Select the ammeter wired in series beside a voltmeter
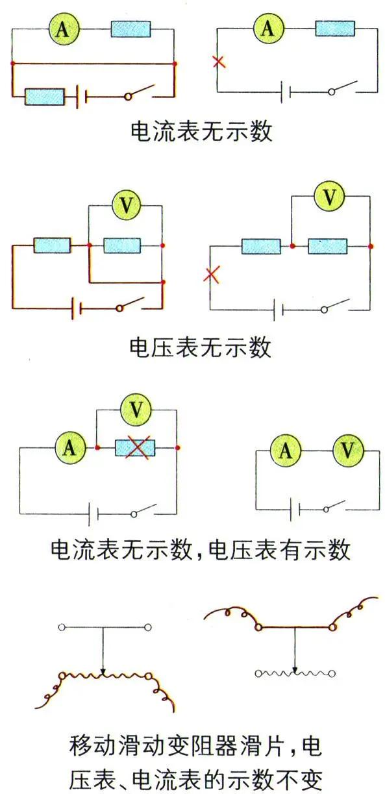pyautogui.click(x=286, y=450)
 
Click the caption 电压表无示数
pyautogui.click(x=200, y=347)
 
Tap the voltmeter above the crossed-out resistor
pyautogui.click(x=136, y=410)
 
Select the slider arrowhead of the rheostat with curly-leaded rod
pyautogui.click(x=295, y=669)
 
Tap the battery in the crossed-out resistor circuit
pyautogui.click(x=93, y=515)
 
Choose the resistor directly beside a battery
pyautogui.click(x=44, y=97)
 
